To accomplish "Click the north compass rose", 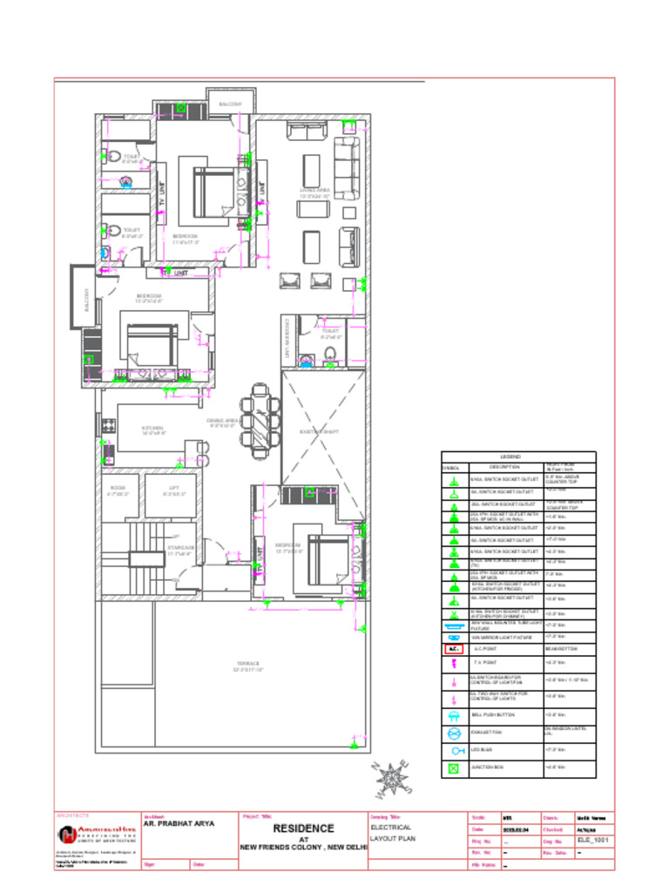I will (395, 778).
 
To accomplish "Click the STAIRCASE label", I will (180, 550).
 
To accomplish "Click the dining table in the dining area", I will (261, 421).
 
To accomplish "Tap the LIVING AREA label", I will (314, 192).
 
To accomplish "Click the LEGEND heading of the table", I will (510, 456).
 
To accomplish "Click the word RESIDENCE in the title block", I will (303, 828).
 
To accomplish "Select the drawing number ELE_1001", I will (595, 841).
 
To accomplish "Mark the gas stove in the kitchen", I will (109, 426).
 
